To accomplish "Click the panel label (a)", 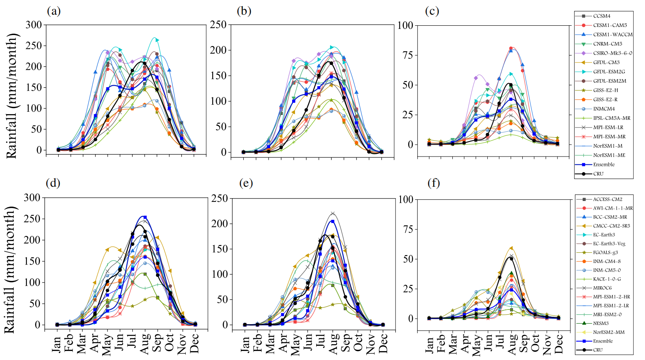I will tap(54, 11).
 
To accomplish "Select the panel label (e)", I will tap(246, 183).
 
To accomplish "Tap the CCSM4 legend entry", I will tap(601, 16).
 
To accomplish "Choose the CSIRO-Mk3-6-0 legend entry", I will tap(612, 53).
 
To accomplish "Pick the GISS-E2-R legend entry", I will tap(605, 99).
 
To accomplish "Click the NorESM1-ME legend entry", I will tap(609, 155).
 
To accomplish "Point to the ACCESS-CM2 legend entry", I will tap(607, 199).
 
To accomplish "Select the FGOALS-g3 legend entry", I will tap(605, 252).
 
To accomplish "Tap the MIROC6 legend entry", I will tap(602, 288).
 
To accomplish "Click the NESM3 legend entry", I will tap(601, 323).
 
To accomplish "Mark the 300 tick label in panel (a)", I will tap(34, 25).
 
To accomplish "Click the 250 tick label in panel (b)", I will tap(218, 25).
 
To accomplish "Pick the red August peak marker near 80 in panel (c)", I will tap(511, 49).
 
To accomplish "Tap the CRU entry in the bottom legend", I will tap(598, 350).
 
